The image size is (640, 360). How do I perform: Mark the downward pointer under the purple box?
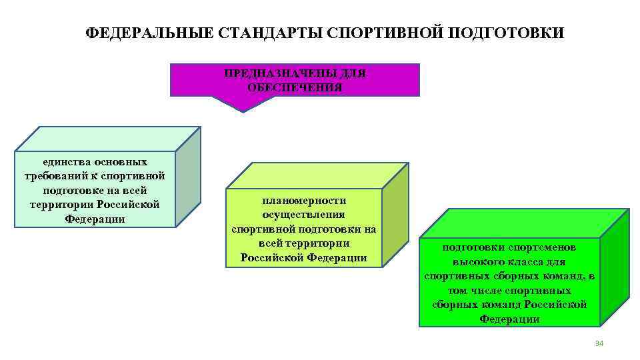pyautogui.click(x=243, y=103)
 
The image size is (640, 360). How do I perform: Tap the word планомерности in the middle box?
pyautogui.click(x=304, y=200)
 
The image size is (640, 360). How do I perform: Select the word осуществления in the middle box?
pyautogui.click(x=304, y=215)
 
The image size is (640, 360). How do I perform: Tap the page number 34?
pyautogui.click(x=598, y=343)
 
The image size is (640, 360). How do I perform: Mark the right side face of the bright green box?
pyautogui.click(x=614, y=267)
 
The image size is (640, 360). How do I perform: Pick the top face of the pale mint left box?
pyautogui.click(x=107, y=139)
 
